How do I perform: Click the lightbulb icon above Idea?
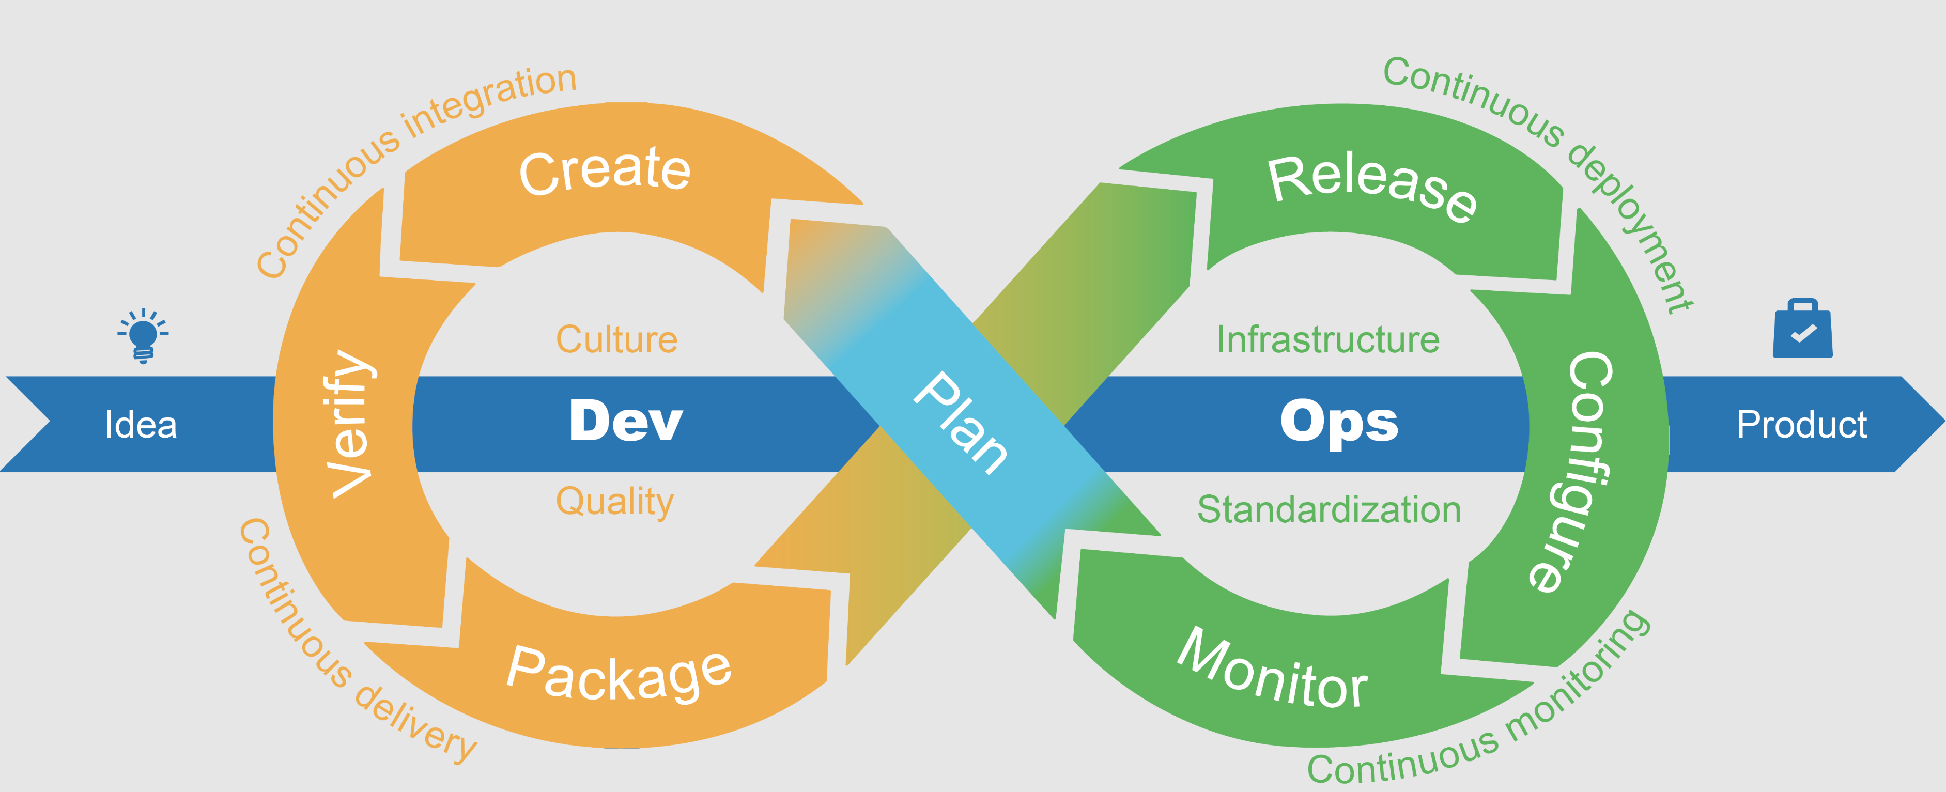coord(143,336)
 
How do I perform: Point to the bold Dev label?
coord(625,421)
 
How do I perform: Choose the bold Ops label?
coord(1339,421)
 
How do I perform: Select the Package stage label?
coord(619,674)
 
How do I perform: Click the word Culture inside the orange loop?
coord(616,340)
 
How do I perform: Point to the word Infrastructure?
coord(1328,340)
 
